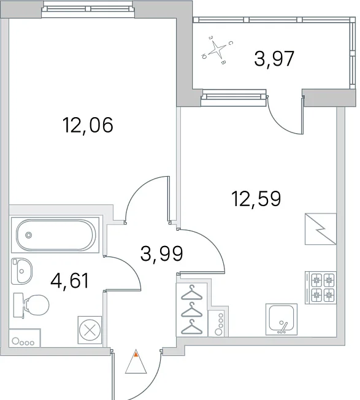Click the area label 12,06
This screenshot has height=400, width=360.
(88, 125)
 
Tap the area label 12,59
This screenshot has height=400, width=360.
(256, 199)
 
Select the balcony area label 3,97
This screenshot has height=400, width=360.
(274, 58)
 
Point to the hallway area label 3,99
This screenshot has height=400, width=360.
(162, 253)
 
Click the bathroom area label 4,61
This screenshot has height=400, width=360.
(70, 280)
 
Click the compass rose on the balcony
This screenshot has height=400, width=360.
(218, 49)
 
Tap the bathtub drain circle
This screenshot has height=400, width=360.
(29, 235)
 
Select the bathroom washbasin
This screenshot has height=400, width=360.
(21, 271)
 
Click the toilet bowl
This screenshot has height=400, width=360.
(36, 305)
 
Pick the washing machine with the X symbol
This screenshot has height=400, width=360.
(90, 330)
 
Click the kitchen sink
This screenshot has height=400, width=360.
(281, 319)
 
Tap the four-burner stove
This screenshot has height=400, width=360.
(321, 288)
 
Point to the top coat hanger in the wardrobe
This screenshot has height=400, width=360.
(191, 293)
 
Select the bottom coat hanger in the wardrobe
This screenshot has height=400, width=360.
(191, 327)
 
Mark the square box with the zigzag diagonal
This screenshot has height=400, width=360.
(321, 229)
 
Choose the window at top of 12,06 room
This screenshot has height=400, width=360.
(88, 9)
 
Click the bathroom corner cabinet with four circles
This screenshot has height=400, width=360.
(25, 338)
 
